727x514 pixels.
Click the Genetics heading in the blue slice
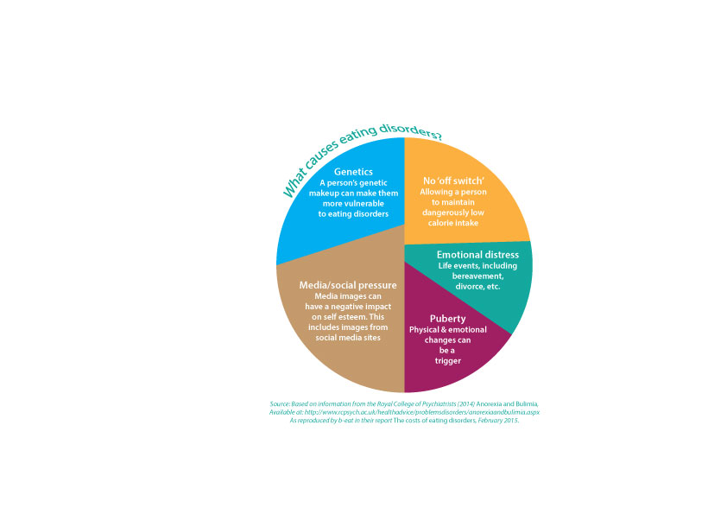tap(353, 172)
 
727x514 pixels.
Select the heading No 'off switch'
tap(453, 181)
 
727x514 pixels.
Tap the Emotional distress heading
tap(477, 255)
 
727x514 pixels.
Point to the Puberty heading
tap(447, 319)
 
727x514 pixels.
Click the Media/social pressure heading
tap(348, 285)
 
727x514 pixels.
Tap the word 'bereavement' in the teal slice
tap(477, 276)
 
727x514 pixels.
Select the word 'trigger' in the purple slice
tap(448, 361)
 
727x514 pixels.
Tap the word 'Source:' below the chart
tap(280, 404)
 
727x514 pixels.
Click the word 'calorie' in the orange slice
tap(439, 223)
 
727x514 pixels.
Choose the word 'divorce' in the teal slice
tap(470, 287)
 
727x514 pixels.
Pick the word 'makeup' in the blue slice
tap(324, 194)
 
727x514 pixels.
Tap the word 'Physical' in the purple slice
tap(423, 330)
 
